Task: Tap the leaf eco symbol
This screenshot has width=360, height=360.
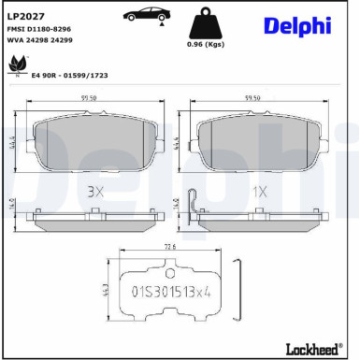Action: pos(16,65)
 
